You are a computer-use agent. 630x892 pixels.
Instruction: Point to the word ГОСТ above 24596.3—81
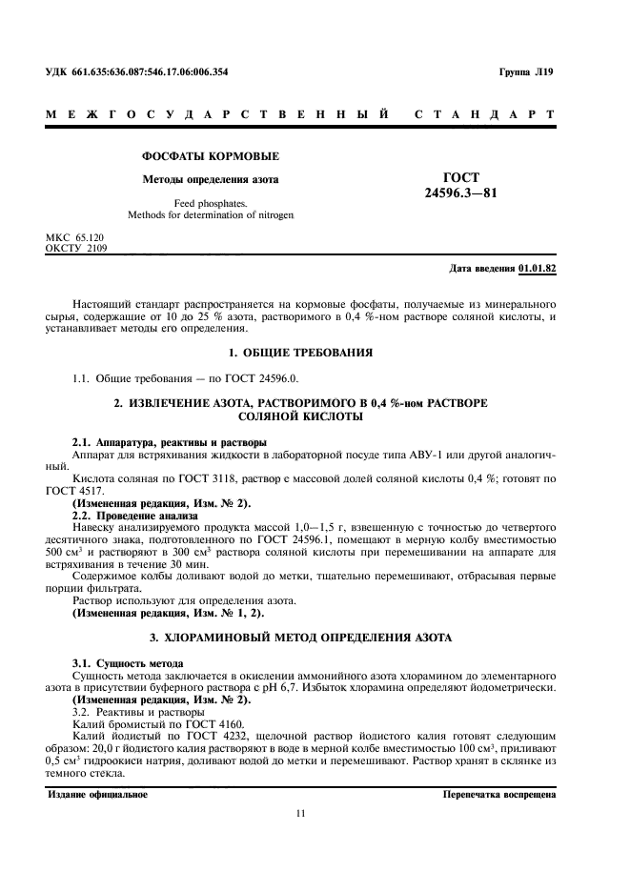461,177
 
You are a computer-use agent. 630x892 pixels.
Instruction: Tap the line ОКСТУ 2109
77,248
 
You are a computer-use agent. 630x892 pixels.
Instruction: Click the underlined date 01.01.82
538,269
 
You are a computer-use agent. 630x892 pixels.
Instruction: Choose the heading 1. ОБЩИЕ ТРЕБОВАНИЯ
315,354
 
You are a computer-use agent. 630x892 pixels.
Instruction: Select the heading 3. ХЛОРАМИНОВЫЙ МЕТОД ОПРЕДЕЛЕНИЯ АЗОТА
315,636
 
